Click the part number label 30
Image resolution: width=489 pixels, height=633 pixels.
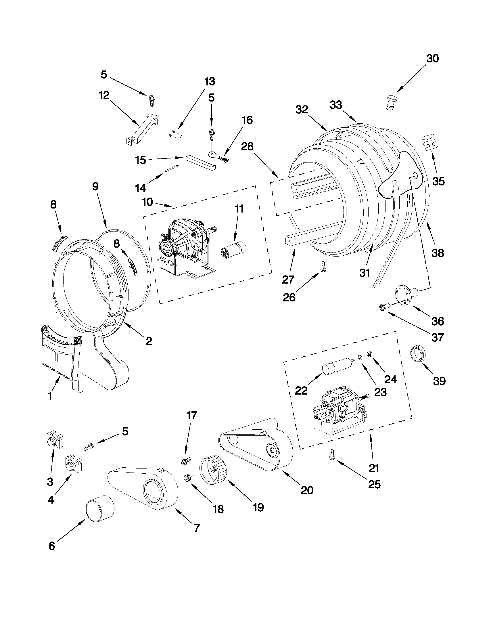point(432,59)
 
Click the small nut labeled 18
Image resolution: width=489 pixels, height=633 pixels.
point(187,477)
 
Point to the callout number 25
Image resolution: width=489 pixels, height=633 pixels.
point(374,484)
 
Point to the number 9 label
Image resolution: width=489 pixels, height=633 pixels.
point(95,186)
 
